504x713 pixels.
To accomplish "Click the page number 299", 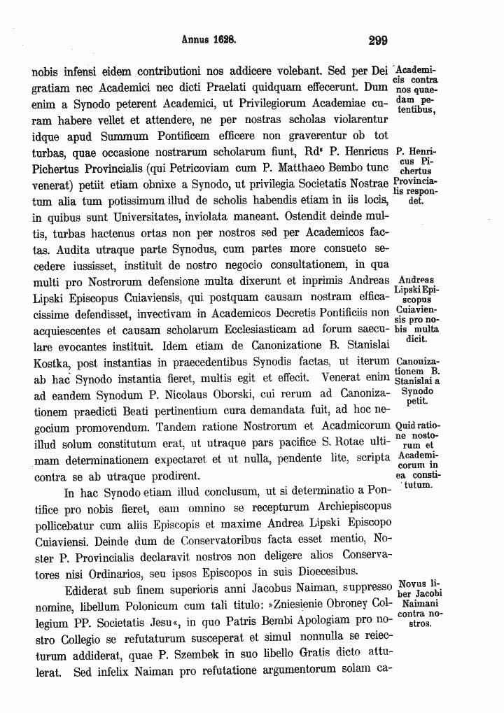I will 377,41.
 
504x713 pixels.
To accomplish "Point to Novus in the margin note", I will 411,584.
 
